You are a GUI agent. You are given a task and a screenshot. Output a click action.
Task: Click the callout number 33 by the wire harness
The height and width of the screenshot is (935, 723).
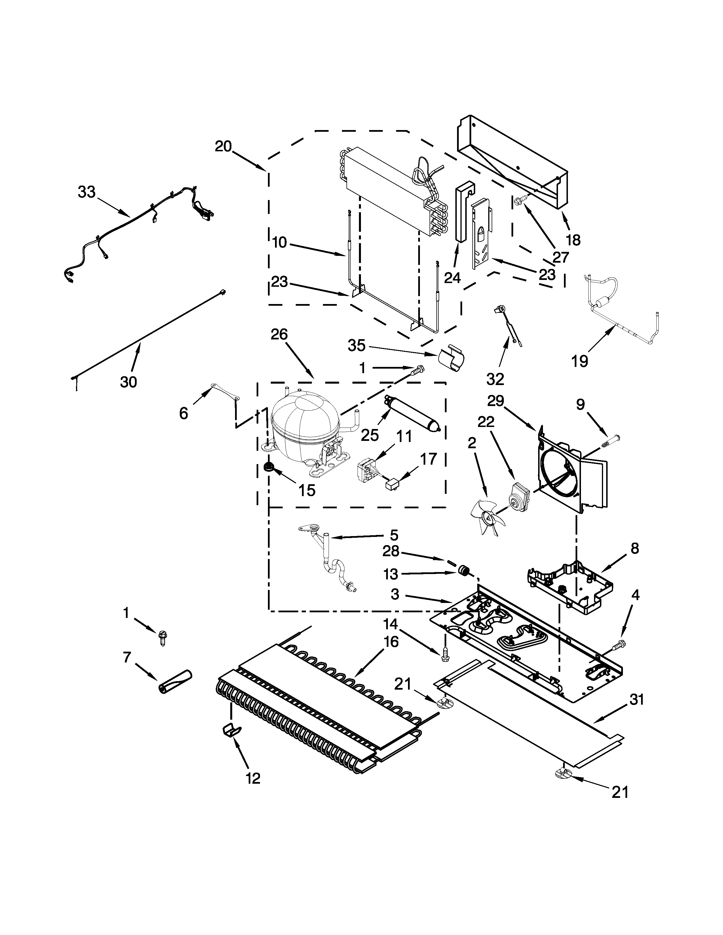86,192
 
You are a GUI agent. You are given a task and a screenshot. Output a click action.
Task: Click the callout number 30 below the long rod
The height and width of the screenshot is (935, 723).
128,381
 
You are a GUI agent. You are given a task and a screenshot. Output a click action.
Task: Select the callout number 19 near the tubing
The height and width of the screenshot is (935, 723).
580,361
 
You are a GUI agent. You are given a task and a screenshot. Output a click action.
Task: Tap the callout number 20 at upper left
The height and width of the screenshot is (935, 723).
223,146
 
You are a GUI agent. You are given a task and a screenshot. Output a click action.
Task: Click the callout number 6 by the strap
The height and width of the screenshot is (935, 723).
183,413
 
